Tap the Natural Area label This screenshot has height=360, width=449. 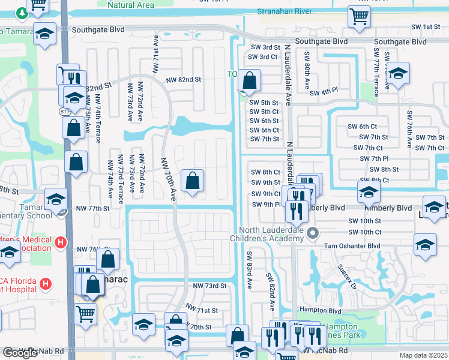(x=130, y=5)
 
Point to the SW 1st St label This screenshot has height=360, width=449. (x=426, y=27)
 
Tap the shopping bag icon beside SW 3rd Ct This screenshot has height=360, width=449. (x=249, y=80)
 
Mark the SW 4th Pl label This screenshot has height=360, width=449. (x=324, y=92)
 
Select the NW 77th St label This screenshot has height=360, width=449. (x=93, y=208)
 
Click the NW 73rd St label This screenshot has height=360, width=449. (x=209, y=286)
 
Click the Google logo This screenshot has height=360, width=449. (x=20, y=353)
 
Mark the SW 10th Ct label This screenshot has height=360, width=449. (x=364, y=232)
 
